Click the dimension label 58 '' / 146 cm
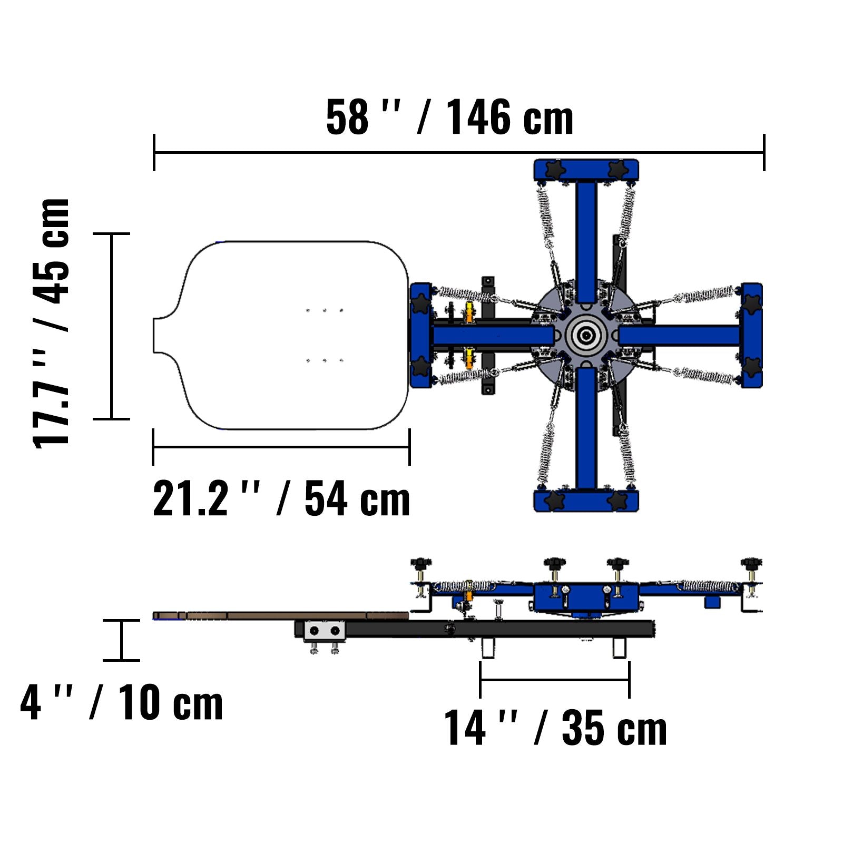(449, 117)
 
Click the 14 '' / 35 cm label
(555, 728)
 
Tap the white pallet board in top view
(281, 335)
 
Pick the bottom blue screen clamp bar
(586, 501)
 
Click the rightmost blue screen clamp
(751, 336)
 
